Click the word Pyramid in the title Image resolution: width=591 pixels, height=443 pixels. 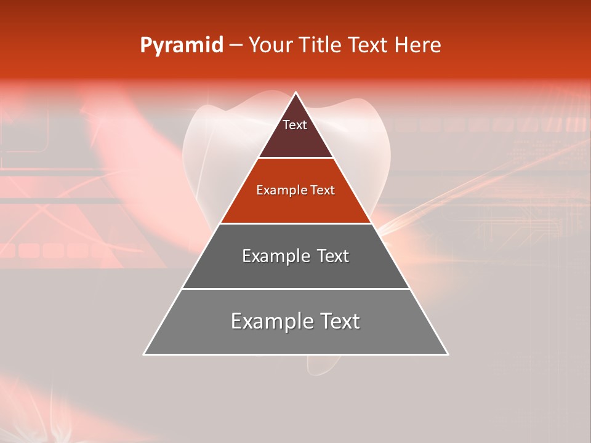182,46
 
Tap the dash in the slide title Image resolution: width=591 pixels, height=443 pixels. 236,46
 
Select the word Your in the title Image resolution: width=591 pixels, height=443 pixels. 271,46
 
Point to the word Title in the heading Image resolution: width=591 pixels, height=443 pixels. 323,46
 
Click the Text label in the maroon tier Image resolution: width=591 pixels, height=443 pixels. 295,125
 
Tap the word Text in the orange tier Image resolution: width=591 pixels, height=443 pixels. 323,190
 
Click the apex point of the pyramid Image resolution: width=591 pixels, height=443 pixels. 296,93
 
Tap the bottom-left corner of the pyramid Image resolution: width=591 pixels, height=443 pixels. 144,354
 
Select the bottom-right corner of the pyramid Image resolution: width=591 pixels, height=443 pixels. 448,354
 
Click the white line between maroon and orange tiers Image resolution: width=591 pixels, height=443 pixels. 296,158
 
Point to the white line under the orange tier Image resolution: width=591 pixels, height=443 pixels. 296,223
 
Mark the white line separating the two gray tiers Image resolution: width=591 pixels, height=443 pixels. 296,289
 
